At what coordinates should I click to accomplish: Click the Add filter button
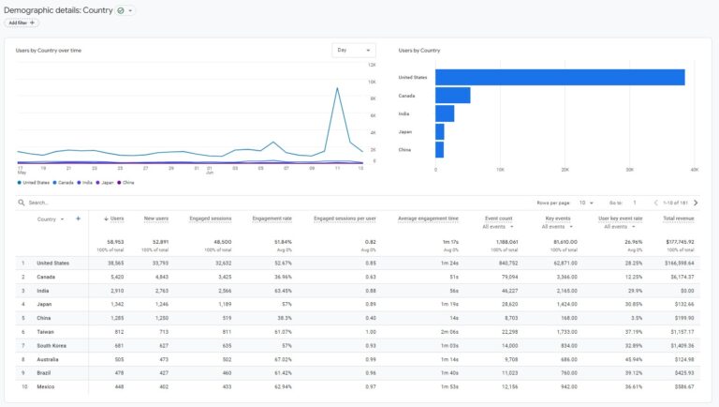point(22,23)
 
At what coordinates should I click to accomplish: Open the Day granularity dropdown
point(353,50)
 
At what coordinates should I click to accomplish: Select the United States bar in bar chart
point(559,77)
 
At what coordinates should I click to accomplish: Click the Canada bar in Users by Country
point(452,96)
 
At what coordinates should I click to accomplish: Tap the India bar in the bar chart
point(445,113)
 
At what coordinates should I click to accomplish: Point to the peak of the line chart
point(337,88)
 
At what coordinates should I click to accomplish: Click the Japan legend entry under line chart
point(108,182)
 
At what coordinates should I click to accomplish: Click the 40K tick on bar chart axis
point(694,170)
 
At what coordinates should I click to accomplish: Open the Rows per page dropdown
point(585,203)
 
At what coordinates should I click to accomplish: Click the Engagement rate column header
point(273,219)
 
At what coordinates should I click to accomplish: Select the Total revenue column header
point(680,219)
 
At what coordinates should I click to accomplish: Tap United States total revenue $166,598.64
point(679,264)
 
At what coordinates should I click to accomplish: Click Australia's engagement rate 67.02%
point(281,358)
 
